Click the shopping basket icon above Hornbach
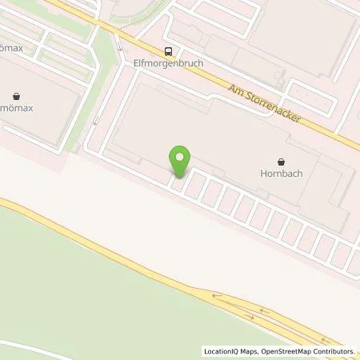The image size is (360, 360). pyautogui.click(x=281, y=161)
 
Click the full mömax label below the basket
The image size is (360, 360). pyautogui.click(x=19, y=106)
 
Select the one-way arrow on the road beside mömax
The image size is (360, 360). pyautogui.click(x=95, y=120)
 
